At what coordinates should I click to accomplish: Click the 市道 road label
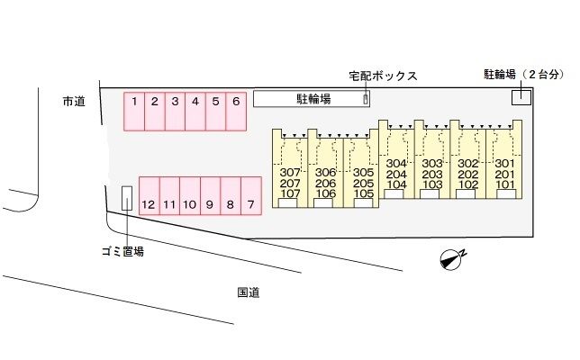click(x=74, y=102)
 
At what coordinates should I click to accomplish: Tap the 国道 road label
click(x=249, y=292)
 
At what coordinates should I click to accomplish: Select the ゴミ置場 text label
click(x=122, y=252)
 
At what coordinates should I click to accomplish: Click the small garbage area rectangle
click(x=127, y=200)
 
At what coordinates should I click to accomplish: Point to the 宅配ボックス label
click(x=383, y=76)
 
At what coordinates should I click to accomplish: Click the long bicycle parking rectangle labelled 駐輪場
click(x=312, y=99)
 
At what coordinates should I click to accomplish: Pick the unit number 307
click(x=289, y=172)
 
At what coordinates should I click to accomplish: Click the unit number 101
click(x=504, y=184)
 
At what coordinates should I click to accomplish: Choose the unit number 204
click(x=396, y=174)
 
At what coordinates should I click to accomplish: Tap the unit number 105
click(x=363, y=193)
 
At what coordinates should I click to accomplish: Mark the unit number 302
click(x=467, y=174)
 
